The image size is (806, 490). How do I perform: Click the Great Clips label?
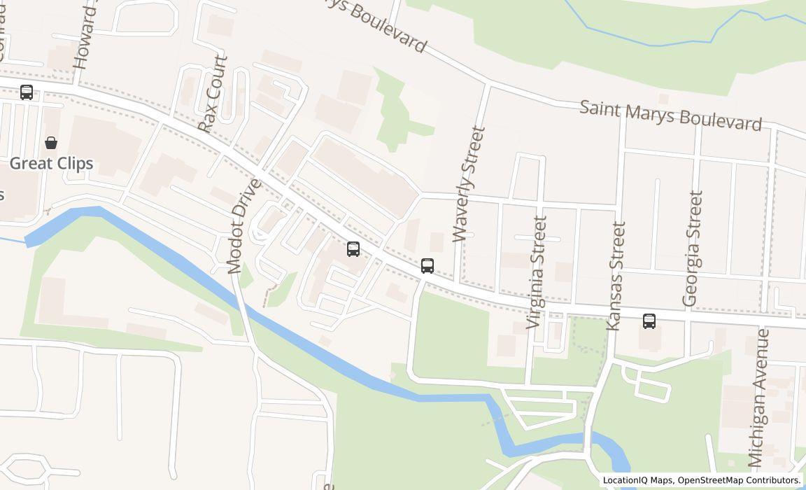click(x=51, y=163)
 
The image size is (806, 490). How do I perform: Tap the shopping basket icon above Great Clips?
click(x=51, y=143)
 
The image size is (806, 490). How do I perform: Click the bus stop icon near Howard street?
click(x=27, y=92)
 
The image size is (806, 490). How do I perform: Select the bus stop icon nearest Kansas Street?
click(x=649, y=321)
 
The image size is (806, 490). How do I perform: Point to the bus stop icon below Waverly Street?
click(x=427, y=266)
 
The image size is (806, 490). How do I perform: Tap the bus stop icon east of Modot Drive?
click(x=353, y=249)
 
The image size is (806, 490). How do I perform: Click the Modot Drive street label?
click(x=244, y=226)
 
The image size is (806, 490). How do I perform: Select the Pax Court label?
click(x=213, y=94)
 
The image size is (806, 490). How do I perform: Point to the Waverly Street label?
click(x=468, y=183)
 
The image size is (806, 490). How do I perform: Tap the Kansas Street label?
click(x=616, y=276)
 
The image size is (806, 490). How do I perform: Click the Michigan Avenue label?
click(x=758, y=398)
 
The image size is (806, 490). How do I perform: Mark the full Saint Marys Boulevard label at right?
click(x=670, y=115)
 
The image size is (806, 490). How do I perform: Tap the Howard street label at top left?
click(x=84, y=35)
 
